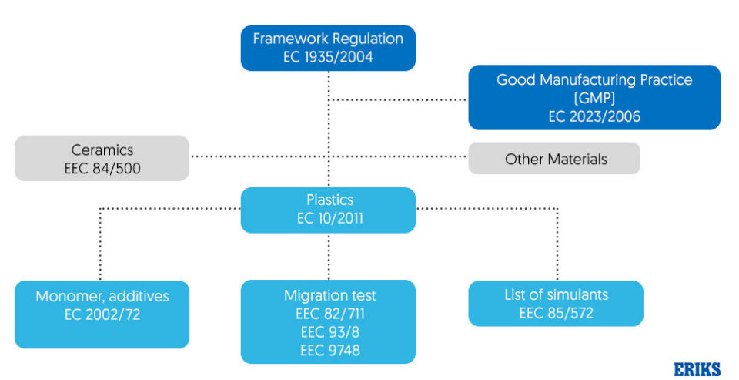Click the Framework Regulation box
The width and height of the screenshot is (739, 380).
(329, 48)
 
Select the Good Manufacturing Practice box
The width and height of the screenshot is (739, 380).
(594, 97)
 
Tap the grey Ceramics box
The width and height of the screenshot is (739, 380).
(102, 159)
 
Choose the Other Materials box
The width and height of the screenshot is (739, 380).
(555, 159)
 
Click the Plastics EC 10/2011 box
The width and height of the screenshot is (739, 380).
(329, 210)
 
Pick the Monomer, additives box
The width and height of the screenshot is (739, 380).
(102, 314)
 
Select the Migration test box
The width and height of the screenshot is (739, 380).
(329, 321)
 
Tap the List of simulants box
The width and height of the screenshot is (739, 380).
(555, 303)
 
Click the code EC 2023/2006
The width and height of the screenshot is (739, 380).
(594, 116)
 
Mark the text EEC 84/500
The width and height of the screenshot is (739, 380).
(102, 168)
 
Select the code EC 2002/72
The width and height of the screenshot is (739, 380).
(102, 314)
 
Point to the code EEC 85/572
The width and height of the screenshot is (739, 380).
(556, 313)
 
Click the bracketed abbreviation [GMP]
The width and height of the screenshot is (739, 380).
(594, 98)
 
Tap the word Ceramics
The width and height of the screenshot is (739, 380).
(102, 150)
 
